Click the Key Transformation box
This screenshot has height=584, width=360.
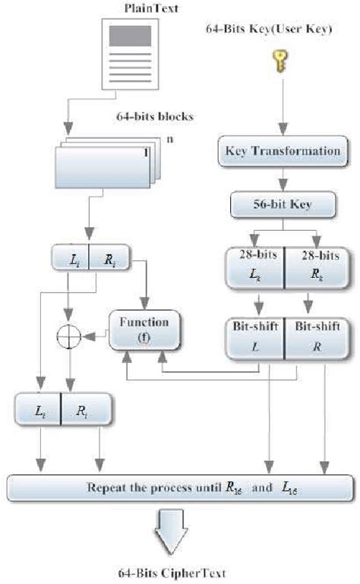(283, 150)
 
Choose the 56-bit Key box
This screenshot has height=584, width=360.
(283, 204)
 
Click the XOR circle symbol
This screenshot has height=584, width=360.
(70, 333)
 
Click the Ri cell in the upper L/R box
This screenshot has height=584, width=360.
(108, 259)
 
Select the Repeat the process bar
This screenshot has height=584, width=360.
(180, 487)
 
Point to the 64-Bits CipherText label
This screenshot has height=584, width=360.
(177, 573)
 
